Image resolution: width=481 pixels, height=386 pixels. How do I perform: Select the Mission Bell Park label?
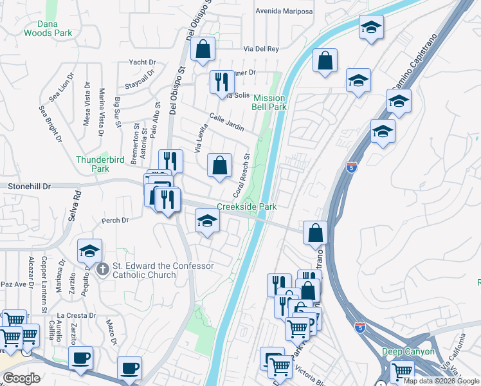tap(269, 103)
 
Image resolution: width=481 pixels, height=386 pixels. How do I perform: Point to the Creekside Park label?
tap(246, 207)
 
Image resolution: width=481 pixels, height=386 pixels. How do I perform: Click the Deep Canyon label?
tap(408, 352)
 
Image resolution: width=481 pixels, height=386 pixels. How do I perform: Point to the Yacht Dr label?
tap(142, 62)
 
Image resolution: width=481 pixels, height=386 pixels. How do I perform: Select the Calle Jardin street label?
tap(227, 122)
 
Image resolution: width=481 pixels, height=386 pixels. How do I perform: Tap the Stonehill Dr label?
tap(29, 186)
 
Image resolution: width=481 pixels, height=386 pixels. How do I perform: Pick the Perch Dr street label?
tap(115, 220)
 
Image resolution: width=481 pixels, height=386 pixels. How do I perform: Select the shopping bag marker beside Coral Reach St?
tap(220, 165)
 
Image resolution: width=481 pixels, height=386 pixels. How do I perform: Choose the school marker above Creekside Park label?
tap(207, 221)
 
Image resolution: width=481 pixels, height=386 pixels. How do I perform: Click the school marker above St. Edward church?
tap(90, 250)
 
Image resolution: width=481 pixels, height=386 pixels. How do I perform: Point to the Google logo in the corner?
tap(21, 378)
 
